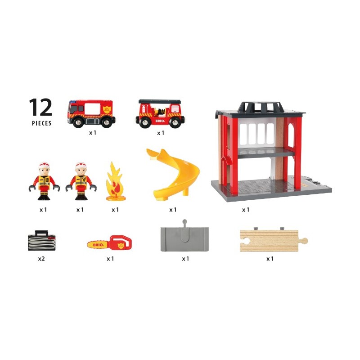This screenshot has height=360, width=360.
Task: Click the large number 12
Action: tap(40, 108)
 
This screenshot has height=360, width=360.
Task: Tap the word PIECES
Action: tap(41, 123)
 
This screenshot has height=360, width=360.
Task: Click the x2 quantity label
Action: tap(41, 259)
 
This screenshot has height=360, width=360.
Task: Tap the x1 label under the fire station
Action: tap(246, 210)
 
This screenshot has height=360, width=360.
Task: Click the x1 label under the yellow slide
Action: tap(173, 210)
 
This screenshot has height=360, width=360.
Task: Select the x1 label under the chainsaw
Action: tap(111, 259)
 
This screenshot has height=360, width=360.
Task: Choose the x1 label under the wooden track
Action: tap(270, 259)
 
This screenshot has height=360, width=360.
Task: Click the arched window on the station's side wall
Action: tap(288, 135)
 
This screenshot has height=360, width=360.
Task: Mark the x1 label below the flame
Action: tap(115, 210)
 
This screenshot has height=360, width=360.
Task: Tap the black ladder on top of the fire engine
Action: tap(160, 102)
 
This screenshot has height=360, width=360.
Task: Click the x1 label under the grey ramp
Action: tap(185, 259)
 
